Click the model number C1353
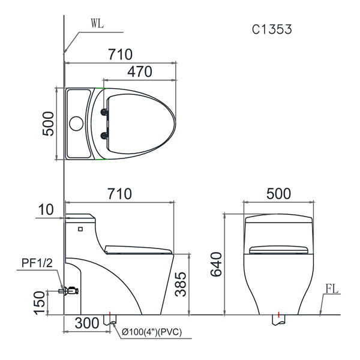tap(272, 29)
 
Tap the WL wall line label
tap(97, 23)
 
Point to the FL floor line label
tap(332, 289)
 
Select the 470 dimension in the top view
tap(140, 71)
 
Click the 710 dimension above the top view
tap(121, 55)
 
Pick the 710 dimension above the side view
tap(120, 194)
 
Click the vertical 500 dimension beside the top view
tap(49, 124)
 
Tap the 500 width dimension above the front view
tap(278, 194)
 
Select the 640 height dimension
tap(216, 264)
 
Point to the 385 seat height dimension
tap(181, 284)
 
